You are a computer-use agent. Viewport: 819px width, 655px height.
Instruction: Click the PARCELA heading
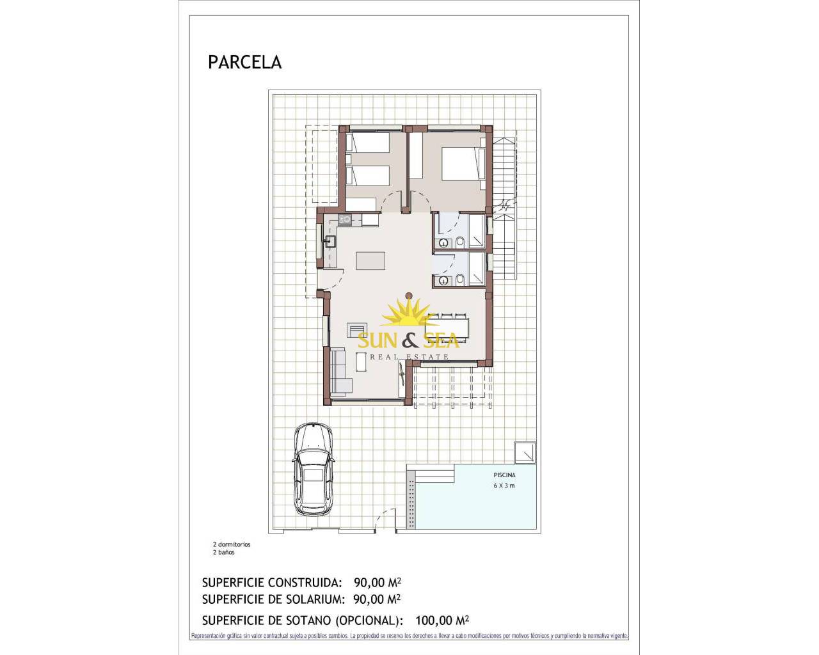(x=244, y=63)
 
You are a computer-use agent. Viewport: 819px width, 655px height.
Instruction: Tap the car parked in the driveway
(x=314, y=469)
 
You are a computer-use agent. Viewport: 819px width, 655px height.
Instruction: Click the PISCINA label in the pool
(x=504, y=475)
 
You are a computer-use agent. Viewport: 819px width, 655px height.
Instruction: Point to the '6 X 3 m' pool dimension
(x=504, y=485)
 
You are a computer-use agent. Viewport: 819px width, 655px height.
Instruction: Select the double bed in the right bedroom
(x=463, y=164)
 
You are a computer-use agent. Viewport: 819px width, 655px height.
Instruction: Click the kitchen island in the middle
(x=370, y=260)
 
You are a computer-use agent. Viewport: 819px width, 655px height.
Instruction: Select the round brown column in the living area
(x=408, y=295)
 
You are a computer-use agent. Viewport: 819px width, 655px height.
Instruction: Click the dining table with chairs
(x=447, y=327)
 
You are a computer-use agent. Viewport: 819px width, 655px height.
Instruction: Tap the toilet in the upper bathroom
(x=460, y=241)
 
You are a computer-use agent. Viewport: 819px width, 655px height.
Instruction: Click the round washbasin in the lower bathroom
(x=443, y=281)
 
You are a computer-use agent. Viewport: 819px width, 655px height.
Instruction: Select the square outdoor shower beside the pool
(x=525, y=452)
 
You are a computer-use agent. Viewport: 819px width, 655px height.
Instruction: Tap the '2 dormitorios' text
(x=232, y=544)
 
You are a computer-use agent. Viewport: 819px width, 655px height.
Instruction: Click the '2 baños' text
(x=224, y=552)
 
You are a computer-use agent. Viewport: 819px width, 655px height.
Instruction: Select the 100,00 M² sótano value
(x=442, y=620)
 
